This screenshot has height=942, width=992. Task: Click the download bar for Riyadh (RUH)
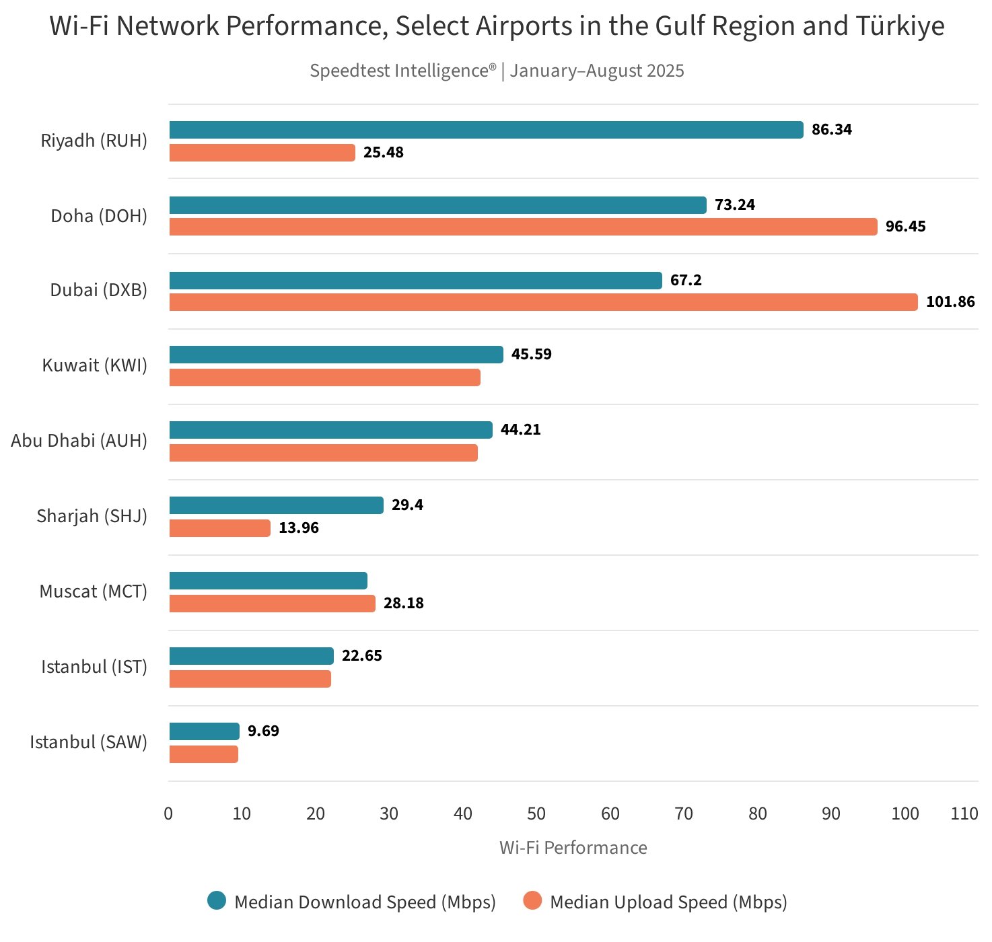pos(486,130)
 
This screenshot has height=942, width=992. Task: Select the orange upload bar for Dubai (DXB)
pos(543,302)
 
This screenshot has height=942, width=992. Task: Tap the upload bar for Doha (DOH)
pos(523,227)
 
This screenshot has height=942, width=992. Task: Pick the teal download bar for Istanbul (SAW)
pos(204,731)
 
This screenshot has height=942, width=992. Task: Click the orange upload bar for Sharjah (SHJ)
pos(219,528)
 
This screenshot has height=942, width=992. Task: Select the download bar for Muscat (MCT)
pos(268,581)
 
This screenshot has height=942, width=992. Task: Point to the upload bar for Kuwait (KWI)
pos(324,377)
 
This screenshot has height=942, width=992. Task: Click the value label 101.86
pos(950,301)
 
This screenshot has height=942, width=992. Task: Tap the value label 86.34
pos(831,129)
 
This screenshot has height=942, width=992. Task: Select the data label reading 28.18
pos(403,603)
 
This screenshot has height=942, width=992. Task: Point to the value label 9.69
pos(263,731)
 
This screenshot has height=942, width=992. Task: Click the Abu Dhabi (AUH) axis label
pos(79,441)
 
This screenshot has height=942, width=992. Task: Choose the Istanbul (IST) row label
pos(94,667)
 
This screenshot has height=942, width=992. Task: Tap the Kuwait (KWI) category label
pos(94,365)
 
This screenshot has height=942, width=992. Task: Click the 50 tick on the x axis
pos(536,813)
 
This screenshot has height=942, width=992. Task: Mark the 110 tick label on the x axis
pos(964,813)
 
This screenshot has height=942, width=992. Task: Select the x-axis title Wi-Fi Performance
pos(573,848)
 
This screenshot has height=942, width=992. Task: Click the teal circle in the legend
pos(217,901)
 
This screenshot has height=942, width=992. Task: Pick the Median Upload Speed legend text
pos(668,902)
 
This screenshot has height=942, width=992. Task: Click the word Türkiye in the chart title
pos(900,26)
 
